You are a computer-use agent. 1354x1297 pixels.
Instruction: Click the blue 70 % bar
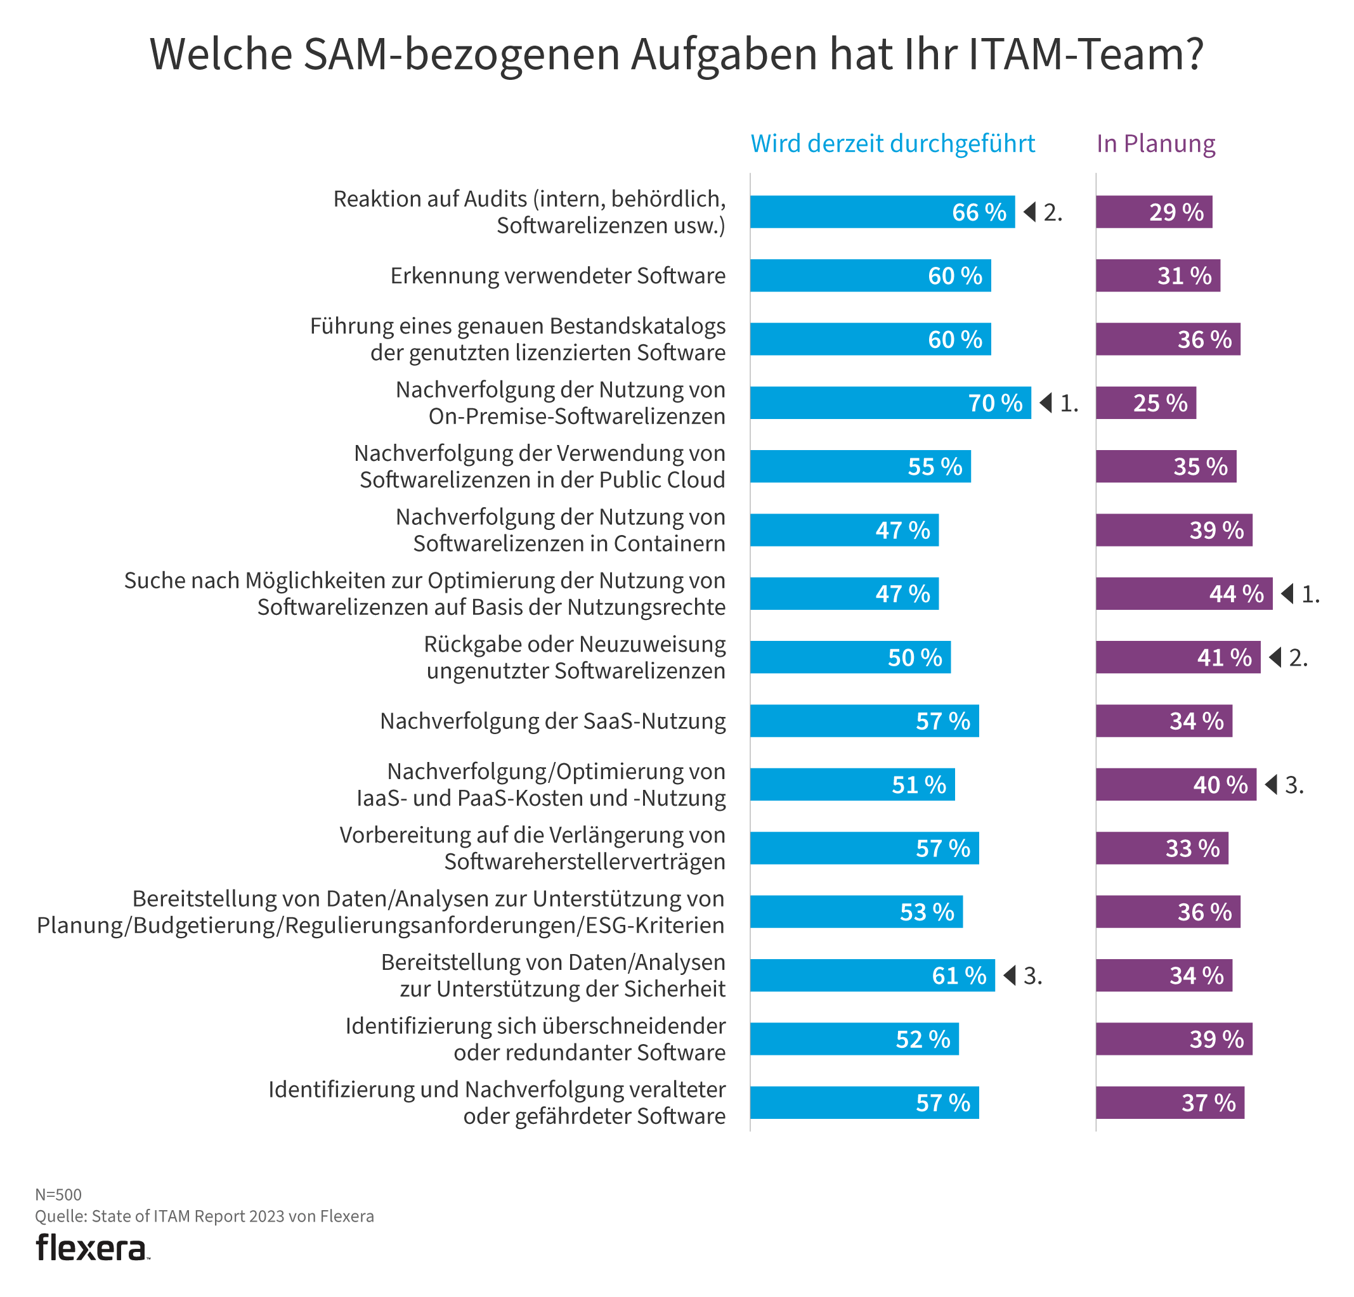(890, 403)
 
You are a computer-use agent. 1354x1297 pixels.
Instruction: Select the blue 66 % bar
(882, 212)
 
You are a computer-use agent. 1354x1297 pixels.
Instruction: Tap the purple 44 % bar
(1183, 593)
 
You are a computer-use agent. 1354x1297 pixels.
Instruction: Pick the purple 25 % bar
(1145, 403)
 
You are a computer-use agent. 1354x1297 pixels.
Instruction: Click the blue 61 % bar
(872, 975)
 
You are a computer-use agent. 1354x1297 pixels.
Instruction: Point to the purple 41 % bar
(1177, 657)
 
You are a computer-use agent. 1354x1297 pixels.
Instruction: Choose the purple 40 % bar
(1175, 785)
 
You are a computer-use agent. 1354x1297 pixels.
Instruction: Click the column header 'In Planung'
(1155, 144)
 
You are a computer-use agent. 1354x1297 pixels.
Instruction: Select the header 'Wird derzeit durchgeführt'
(892, 144)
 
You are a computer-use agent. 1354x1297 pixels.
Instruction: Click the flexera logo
(91, 1248)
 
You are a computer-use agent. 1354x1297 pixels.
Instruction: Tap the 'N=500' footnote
(58, 1194)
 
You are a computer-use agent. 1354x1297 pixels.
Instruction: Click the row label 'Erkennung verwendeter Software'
(557, 276)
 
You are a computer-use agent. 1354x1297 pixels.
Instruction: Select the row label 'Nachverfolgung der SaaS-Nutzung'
(552, 721)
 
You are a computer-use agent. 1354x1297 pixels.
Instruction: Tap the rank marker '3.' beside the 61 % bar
(1032, 975)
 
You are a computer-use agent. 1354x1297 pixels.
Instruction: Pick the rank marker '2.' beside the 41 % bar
(1298, 657)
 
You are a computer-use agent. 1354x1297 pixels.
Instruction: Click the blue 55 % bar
(860, 466)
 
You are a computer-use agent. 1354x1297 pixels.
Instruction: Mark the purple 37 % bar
(1169, 1102)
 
